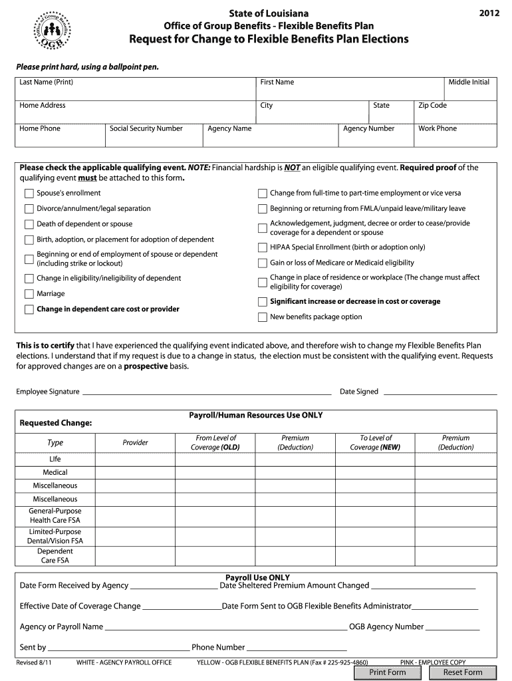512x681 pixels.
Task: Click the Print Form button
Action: (x=388, y=672)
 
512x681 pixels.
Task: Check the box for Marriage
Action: (x=29, y=294)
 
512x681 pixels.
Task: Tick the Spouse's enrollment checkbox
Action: (x=29, y=194)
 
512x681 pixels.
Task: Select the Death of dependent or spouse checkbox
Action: (x=29, y=225)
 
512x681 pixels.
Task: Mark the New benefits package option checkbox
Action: (x=262, y=317)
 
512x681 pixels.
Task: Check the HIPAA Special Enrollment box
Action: (x=262, y=247)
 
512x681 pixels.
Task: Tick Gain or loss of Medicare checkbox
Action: (x=262, y=263)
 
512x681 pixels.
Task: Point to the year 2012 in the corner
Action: (x=487, y=13)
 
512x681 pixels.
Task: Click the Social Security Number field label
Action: (x=146, y=129)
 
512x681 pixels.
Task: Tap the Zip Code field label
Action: (x=432, y=106)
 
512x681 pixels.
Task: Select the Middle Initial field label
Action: (x=468, y=82)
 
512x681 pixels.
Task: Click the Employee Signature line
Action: (x=206, y=392)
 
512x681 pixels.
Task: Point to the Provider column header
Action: (x=135, y=443)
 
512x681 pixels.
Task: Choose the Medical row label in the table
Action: (x=55, y=472)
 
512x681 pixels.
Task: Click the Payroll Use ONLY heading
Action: (x=257, y=577)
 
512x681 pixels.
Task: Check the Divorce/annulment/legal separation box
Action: (x=29, y=209)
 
